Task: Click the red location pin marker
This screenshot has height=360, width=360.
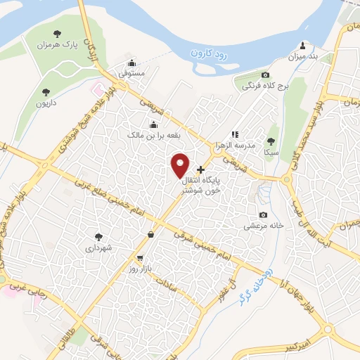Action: tap(180, 165)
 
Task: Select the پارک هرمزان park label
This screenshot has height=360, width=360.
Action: tap(56, 44)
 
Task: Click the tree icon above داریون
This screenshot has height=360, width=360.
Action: tap(46, 92)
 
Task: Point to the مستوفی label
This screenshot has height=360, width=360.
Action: tap(131, 72)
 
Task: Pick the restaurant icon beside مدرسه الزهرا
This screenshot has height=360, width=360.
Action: tap(235, 134)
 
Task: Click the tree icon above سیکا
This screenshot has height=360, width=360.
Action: tap(271, 141)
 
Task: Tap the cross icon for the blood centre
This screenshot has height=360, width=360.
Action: tap(201, 169)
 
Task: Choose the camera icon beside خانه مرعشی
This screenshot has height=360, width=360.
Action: tap(263, 215)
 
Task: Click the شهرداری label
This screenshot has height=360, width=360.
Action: tap(98, 247)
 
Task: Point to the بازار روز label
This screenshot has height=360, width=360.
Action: tap(140, 269)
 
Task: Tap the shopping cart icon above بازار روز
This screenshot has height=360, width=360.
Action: tap(140, 258)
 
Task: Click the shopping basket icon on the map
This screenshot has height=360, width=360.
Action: tap(151, 235)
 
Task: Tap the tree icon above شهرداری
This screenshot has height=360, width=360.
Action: tap(98, 237)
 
